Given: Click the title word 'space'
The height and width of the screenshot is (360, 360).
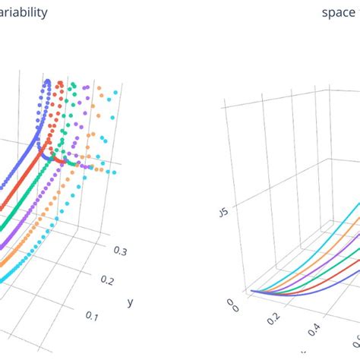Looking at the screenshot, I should pyautogui.click(x=337, y=13).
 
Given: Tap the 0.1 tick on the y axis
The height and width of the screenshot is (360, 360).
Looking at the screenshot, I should pyautogui.click(x=93, y=314).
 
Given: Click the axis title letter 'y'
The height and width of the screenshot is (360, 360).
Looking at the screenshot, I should pyautogui.click(x=130, y=302).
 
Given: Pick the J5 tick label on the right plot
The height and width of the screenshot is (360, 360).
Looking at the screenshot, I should pyautogui.click(x=223, y=213).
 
